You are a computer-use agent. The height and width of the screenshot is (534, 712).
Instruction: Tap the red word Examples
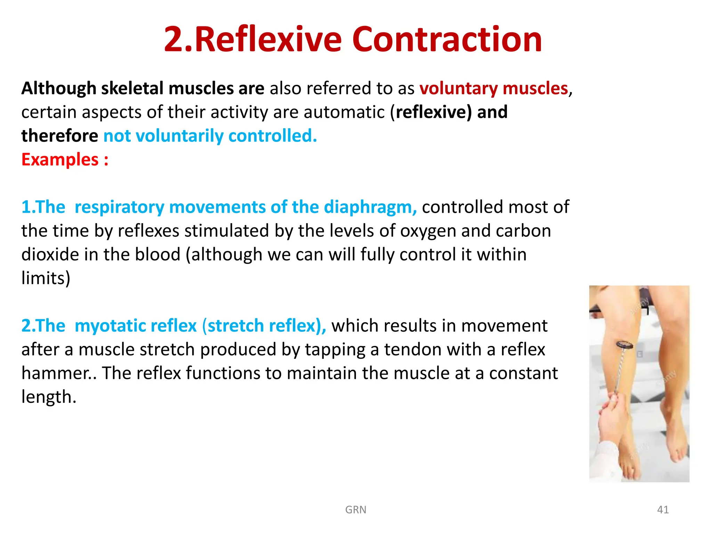(x=60, y=160)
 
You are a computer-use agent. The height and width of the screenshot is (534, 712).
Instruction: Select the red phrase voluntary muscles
(x=494, y=88)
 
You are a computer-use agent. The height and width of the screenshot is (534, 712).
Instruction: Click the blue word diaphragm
(x=370, y=207)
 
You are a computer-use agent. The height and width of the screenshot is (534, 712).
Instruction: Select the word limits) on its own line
(x=46, y=278)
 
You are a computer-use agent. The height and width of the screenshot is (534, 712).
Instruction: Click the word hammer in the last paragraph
(x=56, y=373)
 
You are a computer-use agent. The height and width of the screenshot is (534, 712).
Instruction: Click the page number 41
(x=663, y=510)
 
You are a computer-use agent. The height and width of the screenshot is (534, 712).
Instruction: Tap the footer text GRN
(x=356, y=510)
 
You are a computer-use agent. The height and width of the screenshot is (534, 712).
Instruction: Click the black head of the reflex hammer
(x=624, y=345)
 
